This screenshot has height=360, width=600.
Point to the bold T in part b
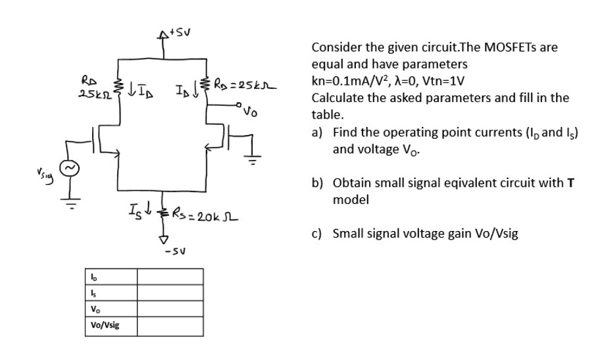(571, 182)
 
